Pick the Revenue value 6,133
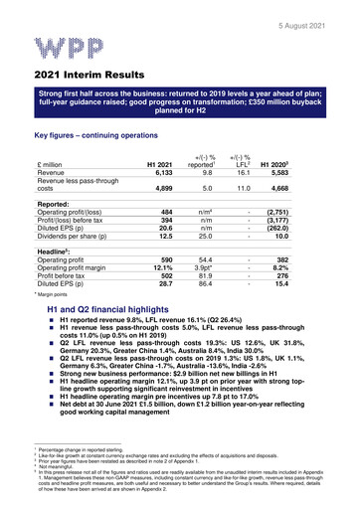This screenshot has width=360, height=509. (x=161, y=173)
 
